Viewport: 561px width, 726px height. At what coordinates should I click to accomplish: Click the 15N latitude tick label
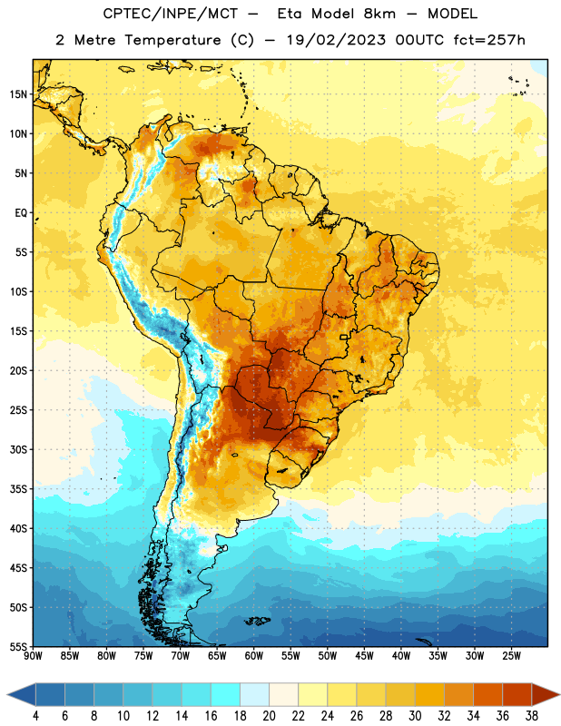point(18,94)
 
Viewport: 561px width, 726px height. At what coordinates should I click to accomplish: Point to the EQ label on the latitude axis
point(21,213)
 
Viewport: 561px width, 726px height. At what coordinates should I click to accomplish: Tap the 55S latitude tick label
point(18,647)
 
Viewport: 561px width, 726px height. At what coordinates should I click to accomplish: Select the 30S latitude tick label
point(18,449)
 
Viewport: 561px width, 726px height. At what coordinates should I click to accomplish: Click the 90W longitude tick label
point(34,656)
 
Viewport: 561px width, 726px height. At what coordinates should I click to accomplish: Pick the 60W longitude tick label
point(254,656)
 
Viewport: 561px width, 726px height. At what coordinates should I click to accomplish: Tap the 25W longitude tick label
point(511,656)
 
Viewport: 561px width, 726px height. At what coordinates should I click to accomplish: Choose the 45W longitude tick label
point(365,656)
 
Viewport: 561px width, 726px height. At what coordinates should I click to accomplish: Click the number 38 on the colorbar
point(532,716)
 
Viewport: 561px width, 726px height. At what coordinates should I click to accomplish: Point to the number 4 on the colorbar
point(35,716)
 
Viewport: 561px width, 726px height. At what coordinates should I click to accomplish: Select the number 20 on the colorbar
point(269,716)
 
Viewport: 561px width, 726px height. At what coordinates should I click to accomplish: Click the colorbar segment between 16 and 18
point(226,695)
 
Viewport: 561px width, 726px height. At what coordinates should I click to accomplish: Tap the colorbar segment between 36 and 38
point(517,695)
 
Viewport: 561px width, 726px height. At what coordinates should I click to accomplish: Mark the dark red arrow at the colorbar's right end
point(544,695)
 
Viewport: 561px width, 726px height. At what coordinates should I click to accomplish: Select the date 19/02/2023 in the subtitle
point(336,40)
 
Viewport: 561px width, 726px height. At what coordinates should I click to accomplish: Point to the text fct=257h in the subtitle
point(489,40)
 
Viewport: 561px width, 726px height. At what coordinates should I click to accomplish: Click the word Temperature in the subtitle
point(172,40)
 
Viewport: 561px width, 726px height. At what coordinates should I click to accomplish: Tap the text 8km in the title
point(379,14)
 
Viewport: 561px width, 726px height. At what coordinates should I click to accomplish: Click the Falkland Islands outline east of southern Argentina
point(257,621)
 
